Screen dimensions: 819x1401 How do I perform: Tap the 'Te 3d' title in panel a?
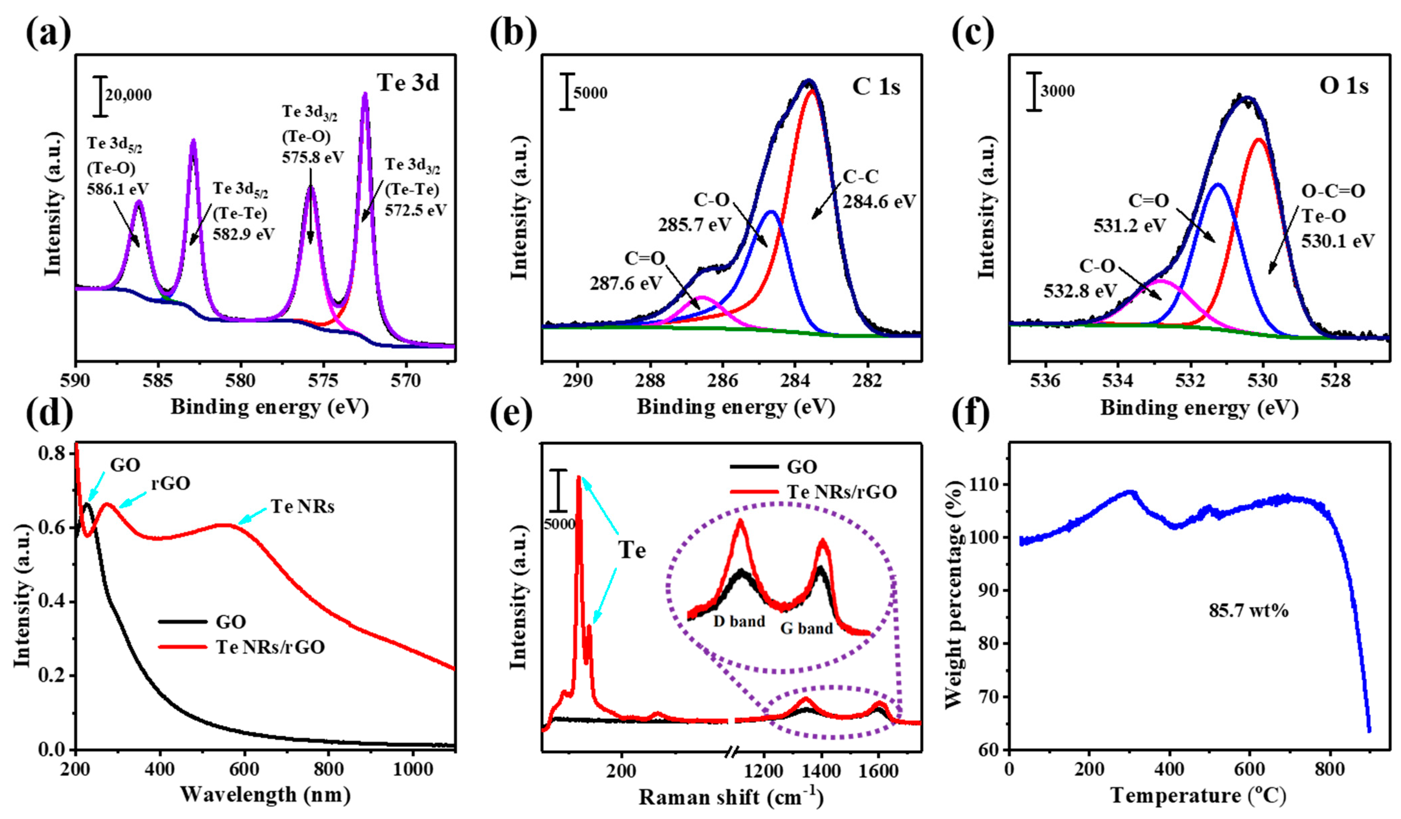pos(408,82)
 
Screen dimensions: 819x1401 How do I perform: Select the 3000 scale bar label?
pos(1058,91)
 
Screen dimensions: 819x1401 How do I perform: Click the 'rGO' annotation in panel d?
pos(170,483)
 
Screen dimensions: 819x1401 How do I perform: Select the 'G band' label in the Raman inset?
pos(807,629)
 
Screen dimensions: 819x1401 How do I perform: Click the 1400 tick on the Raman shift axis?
pos(821,772)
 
